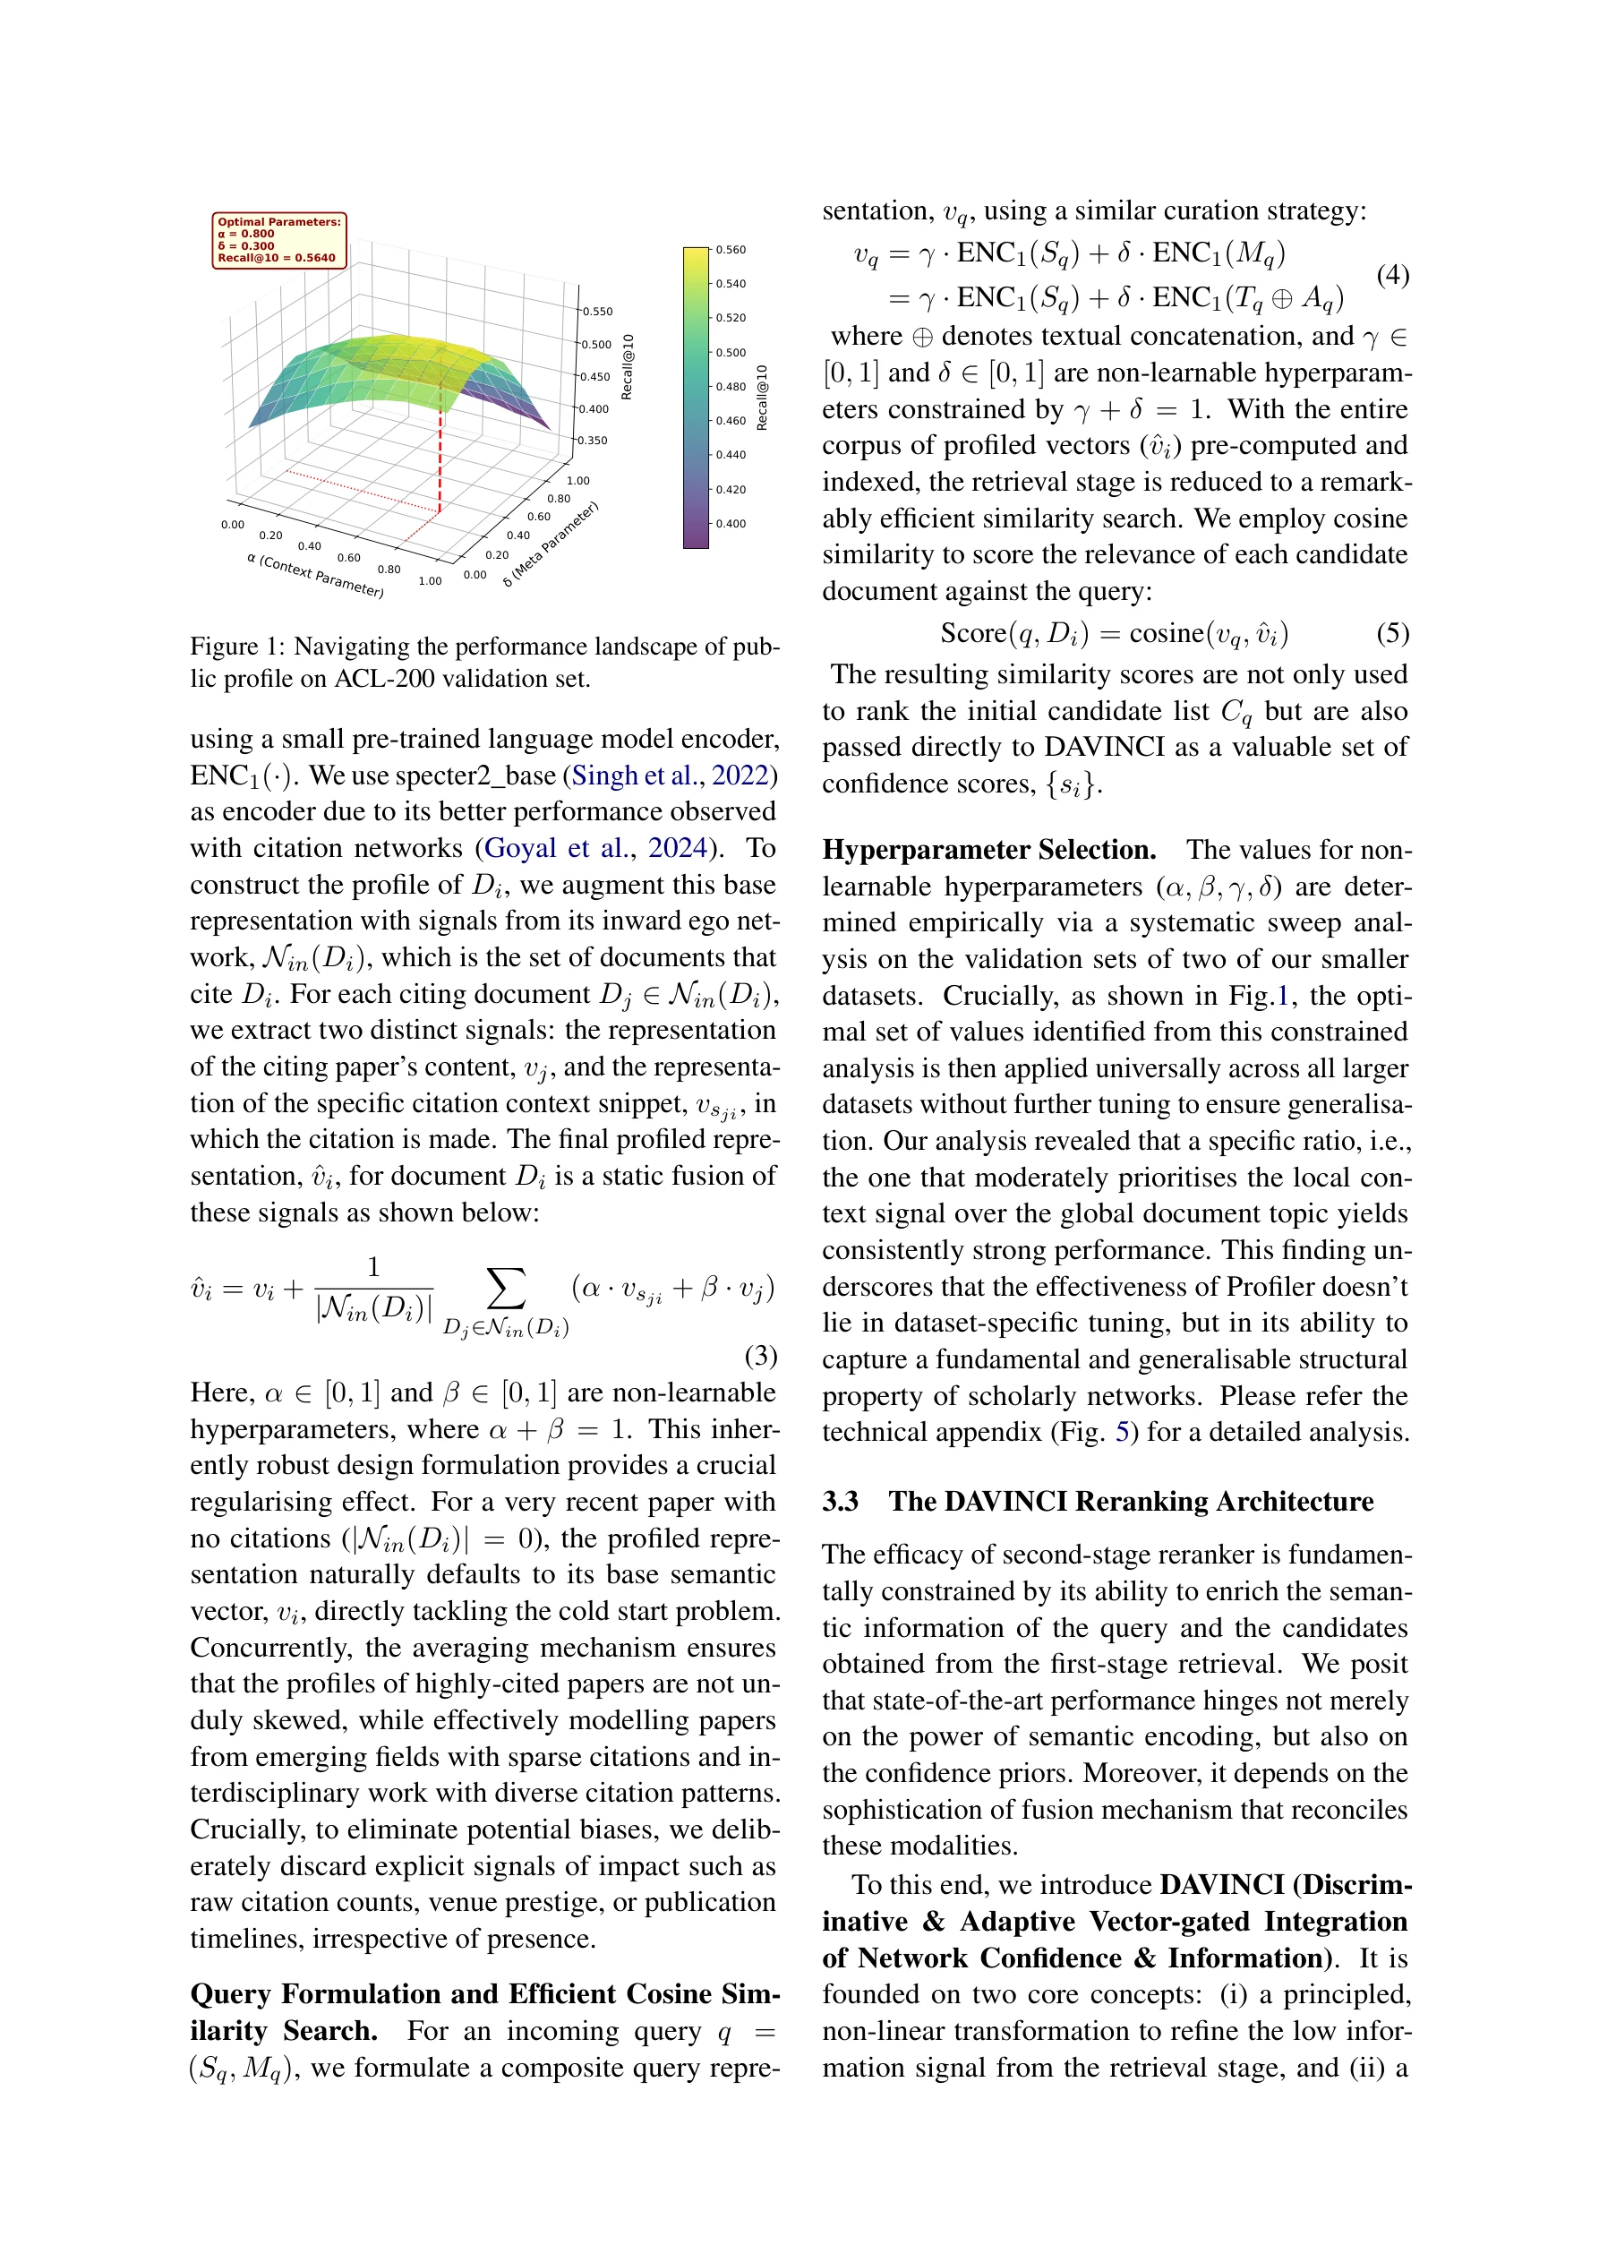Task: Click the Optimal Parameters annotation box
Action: [278, 239]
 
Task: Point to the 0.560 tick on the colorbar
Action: [730, 250]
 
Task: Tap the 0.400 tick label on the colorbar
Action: [730, 524]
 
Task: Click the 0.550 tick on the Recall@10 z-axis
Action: [597, 312]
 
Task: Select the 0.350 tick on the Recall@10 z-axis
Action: [592, 441]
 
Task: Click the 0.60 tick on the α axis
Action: [349, 558]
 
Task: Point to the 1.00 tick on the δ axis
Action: [578, 481]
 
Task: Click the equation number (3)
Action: [761, 1356]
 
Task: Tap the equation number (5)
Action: [1392, 632]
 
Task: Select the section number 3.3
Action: [841, 1502]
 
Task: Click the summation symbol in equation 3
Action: [506, 1290]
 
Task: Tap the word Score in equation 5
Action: [972, 632]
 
